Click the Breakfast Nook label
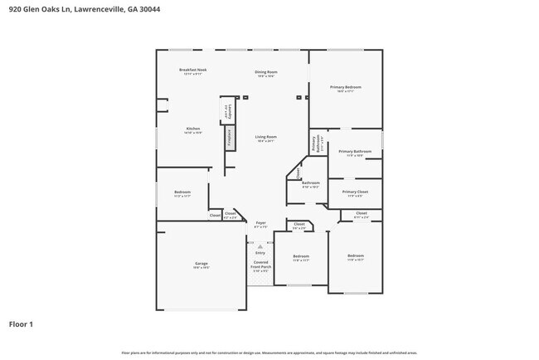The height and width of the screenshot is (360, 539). pos(193,71)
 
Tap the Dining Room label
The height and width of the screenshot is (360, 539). pos(265,73)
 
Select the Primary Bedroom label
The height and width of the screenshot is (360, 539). pos(345,87)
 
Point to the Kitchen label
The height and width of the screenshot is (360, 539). pos(192,129)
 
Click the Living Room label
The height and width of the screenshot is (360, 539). pos(265,137)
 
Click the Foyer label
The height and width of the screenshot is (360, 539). pos(260,223)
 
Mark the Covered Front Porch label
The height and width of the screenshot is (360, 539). pos(260,265)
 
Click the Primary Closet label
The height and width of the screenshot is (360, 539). pos(354,192)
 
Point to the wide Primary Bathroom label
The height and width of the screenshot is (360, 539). pos(355,152)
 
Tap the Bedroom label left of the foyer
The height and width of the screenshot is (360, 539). pos(182,192)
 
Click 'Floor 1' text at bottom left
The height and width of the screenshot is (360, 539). pos(21,324)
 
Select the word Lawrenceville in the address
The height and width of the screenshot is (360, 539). pos(107,9)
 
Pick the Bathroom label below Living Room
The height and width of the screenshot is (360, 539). pos(310,183)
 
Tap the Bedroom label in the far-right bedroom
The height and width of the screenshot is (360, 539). pos(355,256)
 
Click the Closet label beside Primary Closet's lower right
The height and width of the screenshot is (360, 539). pos(362,214)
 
